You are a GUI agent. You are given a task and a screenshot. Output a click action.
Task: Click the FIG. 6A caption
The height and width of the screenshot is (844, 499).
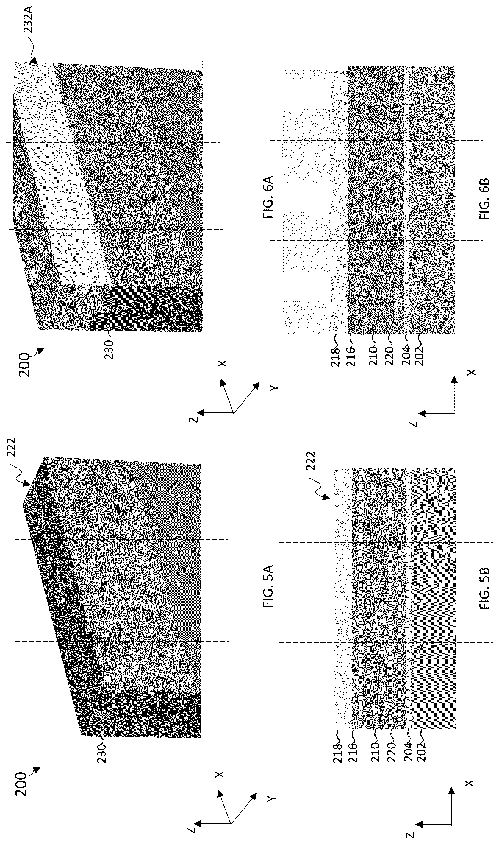[x=269, y=197]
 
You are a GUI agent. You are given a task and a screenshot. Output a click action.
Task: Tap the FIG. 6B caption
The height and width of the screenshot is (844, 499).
[x=484, y=199]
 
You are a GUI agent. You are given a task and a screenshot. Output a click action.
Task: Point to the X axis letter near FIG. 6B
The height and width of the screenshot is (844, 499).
[x=472, y=372]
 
